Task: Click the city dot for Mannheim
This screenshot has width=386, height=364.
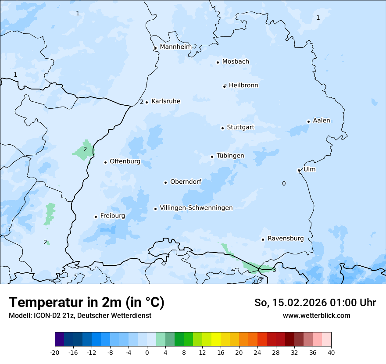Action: click(x=155, y=48)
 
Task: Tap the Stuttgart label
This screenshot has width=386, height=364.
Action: click(x=240, y=128)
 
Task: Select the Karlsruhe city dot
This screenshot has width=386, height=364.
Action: click(x=147, y=102)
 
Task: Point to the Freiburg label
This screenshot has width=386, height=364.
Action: click(x=112, y=216)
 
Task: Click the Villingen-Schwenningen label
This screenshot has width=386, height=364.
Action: click(x=196, y=208)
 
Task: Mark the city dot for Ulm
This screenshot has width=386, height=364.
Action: click(x=299, y=171)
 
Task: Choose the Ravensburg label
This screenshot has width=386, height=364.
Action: click(x=286, y=239)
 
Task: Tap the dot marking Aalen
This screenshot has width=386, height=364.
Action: click(x=308, y=121)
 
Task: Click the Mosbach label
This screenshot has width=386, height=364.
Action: click(x=236, y=62)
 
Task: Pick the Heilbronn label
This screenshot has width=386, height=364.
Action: click(x=243, y=86)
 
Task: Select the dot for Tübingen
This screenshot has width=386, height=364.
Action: click(x=212, y=157)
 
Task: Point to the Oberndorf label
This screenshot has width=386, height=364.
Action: click(x=186, y=182)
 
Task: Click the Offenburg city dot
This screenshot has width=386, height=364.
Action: click(x=105, y=162)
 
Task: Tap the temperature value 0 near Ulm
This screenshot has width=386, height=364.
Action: click(x=284, y=184)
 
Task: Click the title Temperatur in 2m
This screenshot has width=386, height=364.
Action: click(x=86, y=303)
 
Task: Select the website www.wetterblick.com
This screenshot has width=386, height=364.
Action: click(x=316, y=315)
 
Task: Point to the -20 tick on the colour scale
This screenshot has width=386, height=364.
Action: click(x=55, y=352)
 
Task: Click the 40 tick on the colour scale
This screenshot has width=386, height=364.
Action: click(x=331, y=352)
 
